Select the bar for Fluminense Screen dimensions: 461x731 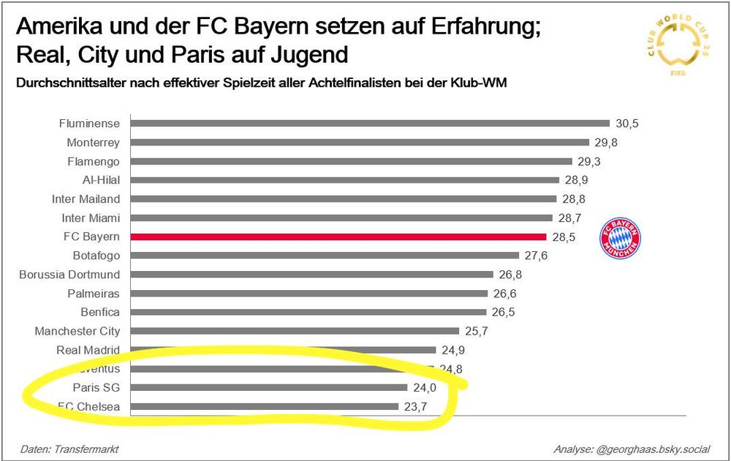pos(370,123)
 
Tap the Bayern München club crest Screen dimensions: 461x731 pos(620,238)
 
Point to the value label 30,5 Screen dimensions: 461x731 pos(626,123)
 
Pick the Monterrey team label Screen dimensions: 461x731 pos(93,142)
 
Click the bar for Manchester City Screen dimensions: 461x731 pos(295,331)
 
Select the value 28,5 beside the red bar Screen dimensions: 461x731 pos(564,237)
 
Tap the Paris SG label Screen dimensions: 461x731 pos(96,387)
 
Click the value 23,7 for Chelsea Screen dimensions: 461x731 pos(416,406)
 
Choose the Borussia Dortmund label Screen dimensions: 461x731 pos(69,275)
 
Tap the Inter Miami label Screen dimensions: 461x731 pos(91,218)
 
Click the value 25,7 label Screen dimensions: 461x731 pos(477,331)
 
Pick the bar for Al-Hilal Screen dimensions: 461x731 pos(344,180)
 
